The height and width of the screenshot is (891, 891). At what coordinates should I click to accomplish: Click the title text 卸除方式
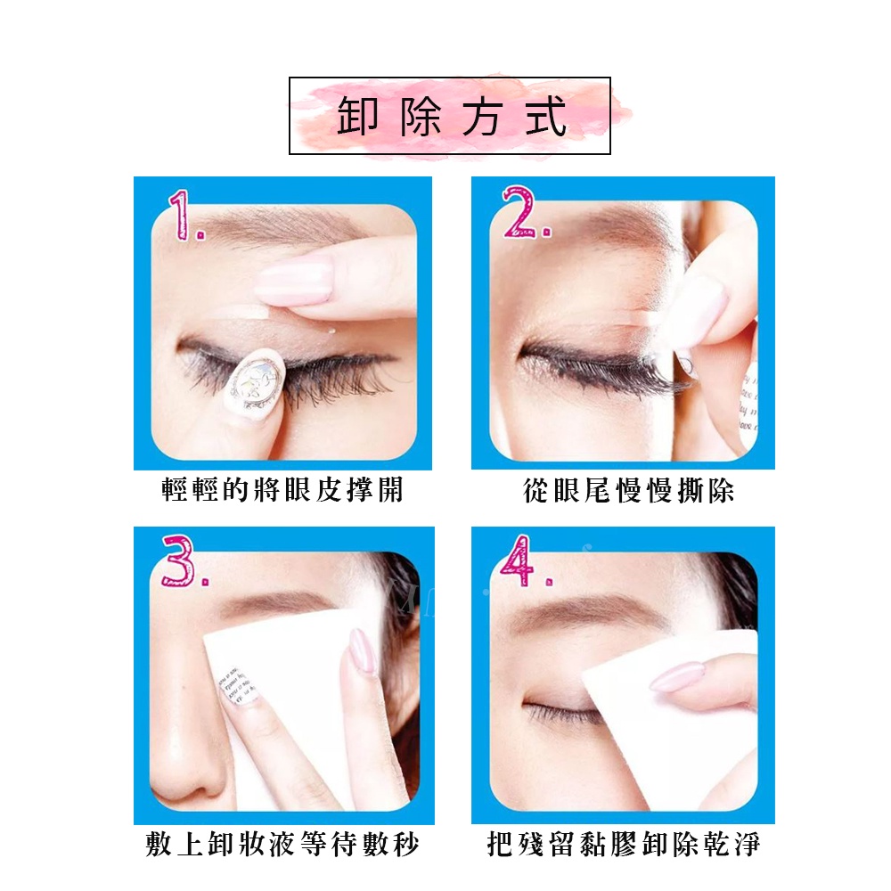452,117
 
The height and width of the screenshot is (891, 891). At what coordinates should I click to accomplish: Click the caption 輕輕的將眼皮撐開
282,490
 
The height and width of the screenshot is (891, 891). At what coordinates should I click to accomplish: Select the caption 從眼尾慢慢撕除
628,490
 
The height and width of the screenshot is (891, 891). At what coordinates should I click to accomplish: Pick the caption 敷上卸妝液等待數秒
282,844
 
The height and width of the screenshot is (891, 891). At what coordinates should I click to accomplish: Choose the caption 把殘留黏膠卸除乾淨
624,844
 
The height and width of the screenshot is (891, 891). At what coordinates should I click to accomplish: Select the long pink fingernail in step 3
362,651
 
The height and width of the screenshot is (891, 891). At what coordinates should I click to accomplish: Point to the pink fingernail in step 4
677,677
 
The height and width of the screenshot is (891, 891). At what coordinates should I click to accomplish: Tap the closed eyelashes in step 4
560,712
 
